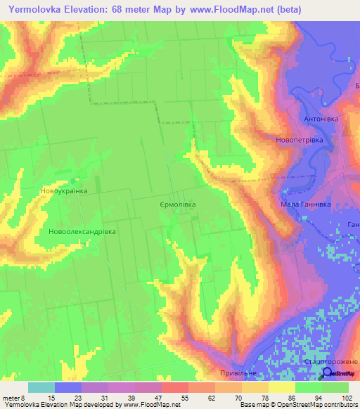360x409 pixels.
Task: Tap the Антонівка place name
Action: [321, 119]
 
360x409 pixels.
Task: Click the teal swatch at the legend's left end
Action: [41, 387]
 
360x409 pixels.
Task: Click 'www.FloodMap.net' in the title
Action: [219, 10]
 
